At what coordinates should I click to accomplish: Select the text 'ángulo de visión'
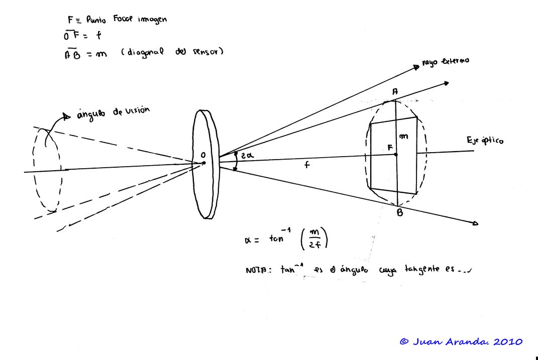coord(113,112)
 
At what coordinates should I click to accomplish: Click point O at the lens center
coord(203,162)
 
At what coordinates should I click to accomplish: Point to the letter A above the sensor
coord(395,91)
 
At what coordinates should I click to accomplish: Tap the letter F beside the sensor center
coord(389,147)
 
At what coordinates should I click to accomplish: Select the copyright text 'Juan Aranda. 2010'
coord(467,342)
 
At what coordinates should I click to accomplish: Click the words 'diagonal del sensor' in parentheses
coord(172,52)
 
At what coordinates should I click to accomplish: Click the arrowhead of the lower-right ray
coord(475,224)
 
